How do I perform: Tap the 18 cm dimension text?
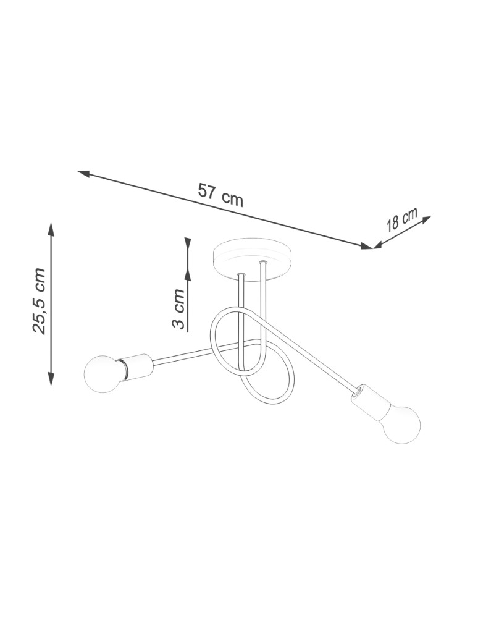[x=401, y=220]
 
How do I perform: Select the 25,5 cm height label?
[x=39, y=301]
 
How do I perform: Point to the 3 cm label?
[x=178, y=309]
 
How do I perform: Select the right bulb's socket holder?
[x=368, y=399]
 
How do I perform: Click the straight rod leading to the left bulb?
[x=185, y=352]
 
